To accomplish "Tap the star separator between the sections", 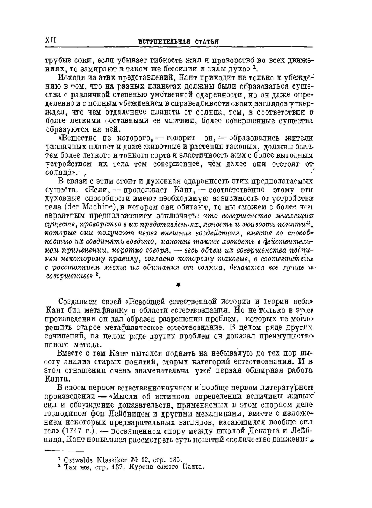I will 178,285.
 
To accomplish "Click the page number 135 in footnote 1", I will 174,460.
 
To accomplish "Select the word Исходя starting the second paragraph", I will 70,78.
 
